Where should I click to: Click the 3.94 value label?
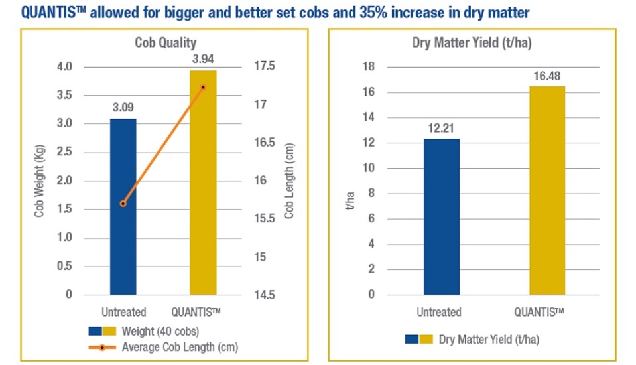(203, 58)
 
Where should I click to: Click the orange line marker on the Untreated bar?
(123, 204)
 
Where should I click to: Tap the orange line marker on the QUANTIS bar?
(203, 87)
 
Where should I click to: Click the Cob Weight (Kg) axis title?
(39, 181)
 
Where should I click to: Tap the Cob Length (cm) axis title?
(288, 181)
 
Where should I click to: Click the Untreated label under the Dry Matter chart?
(439, 312)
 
